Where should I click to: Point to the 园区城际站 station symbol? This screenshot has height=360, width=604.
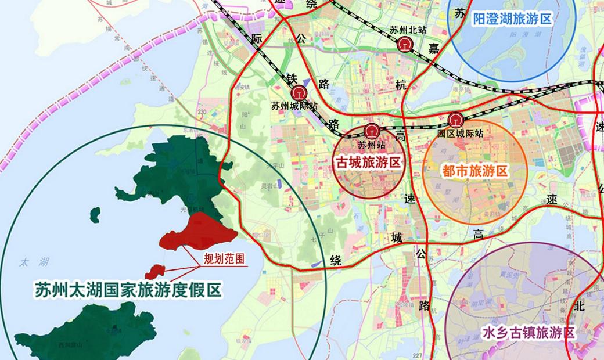tap(455, 121)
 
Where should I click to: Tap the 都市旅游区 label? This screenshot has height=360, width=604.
tap(475, 171)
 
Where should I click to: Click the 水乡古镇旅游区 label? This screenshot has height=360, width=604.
tap(528, 333)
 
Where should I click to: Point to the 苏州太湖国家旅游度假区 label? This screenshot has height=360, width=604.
tap(128, 289)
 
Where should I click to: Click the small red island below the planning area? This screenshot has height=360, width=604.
tap(154, 270)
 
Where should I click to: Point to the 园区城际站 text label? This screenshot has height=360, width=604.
tap(461, 134)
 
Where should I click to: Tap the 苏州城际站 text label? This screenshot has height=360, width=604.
tap(294, 106)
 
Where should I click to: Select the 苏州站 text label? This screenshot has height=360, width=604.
tap(372, 145)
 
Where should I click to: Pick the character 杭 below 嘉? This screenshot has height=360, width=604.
tap(401, 85)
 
